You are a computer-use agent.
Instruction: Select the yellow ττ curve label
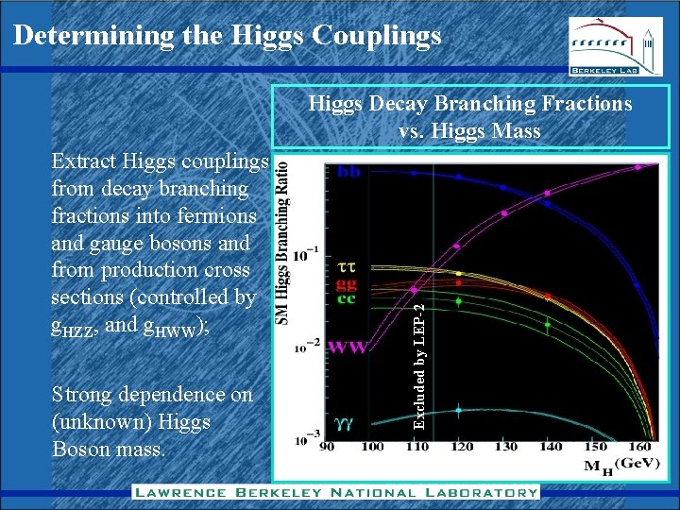pyautogui.click(x=346, y=267)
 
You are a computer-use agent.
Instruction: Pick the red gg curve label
pyautogui.click(x=347, y=283)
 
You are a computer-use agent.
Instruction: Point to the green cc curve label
pyautogui.click(x=347, y=299)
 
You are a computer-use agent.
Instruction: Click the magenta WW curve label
pyautogui.click(x=348, y=348)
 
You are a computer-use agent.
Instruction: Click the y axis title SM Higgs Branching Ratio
pyautogui.click(x=282, y=243)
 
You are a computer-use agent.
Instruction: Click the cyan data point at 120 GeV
pyautogui.click(x=458, y=410)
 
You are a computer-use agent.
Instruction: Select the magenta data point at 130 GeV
pyautogui.click(x=504, y=213)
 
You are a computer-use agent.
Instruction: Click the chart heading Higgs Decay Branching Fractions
pyautogui.click(x=470, y=104)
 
